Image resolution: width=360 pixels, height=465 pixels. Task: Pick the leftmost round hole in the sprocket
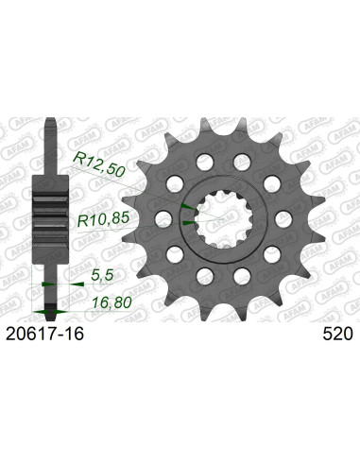click(x=163, y=219)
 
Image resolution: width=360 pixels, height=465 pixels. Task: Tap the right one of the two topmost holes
click(x=241, y=163)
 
